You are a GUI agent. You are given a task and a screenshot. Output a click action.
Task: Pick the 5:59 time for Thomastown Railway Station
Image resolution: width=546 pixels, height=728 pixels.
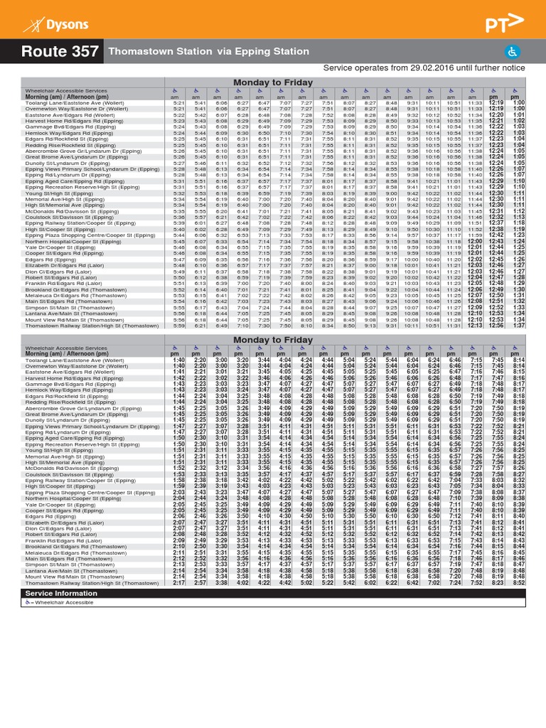[179, 326]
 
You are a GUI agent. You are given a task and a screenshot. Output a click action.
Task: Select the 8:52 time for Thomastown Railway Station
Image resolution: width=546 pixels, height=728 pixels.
[519, 582]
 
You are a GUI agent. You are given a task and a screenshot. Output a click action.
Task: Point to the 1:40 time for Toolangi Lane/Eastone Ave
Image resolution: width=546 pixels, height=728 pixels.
[178, 360]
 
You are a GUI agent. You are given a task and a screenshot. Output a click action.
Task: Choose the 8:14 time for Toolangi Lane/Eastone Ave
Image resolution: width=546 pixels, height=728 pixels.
[519, 360]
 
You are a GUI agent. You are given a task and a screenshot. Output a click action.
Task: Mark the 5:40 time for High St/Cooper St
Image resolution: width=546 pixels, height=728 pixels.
[179, 229]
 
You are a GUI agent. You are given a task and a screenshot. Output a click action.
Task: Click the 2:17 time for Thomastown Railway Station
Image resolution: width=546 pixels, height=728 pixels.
[178, 582]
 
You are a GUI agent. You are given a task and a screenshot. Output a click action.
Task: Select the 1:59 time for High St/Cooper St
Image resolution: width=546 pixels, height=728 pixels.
[178, 485]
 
